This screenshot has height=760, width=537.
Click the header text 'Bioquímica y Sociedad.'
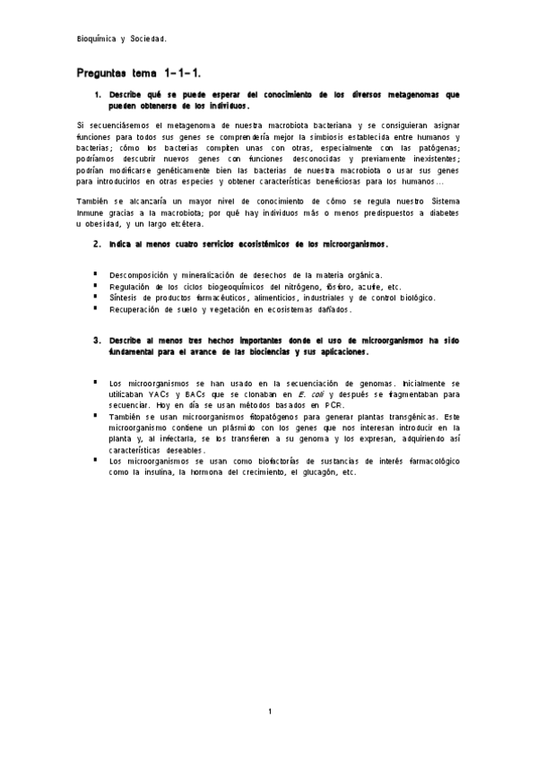click(121, 39)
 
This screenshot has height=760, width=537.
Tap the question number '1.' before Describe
click(98, 94)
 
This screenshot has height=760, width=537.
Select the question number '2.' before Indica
click(98, 243)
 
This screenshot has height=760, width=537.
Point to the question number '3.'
click(98, 341)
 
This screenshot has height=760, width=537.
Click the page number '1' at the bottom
click(269, 712)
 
